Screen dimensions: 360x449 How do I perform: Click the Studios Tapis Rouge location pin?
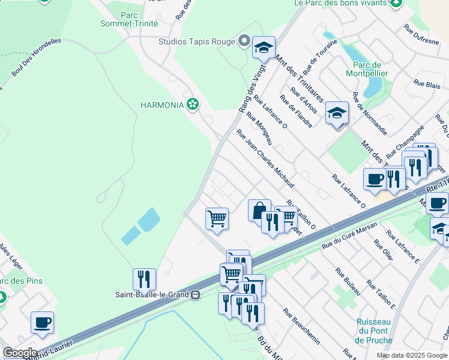(244, 41)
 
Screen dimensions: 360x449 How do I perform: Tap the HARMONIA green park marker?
(192, 104)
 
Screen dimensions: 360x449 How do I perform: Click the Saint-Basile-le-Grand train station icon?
(195, 295)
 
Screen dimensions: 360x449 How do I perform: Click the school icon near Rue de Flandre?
(337, 113)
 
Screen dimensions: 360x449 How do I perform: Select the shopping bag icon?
(259, 211)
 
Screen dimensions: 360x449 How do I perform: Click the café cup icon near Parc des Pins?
(42, 322)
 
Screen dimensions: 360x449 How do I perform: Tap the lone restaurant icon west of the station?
(144, 279)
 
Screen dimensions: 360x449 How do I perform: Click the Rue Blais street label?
(427, 86)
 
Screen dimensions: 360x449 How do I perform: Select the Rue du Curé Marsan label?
(349, 235)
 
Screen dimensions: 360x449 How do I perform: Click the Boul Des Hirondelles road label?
(37, 58)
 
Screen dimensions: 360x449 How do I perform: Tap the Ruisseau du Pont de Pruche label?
(373, 331)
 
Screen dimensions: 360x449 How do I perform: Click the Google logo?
(19, 353)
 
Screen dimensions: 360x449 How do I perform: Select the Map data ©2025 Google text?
(411, 355)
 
